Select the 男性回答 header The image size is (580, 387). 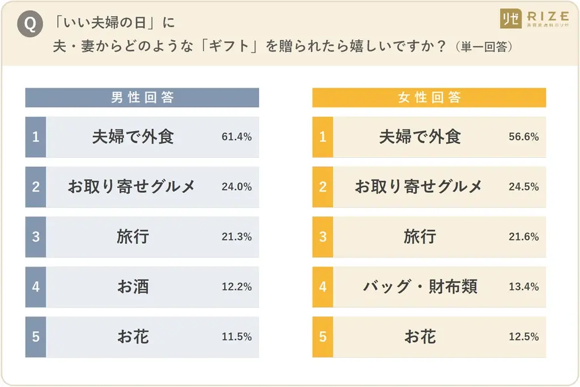[x=142, y=97]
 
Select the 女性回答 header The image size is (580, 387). [x=429, y=97]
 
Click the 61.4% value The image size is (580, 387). [x=237, y=137]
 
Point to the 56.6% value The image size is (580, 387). [x=524, y=137]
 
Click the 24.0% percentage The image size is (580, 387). [x=237, y=187]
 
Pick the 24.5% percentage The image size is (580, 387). [x=524, y=187]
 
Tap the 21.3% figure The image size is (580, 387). [x=237, y=236]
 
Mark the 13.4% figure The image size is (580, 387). [x=524, y=286]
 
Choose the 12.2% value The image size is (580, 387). [x=237, y=286]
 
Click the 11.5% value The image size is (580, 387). [x=237, y=337]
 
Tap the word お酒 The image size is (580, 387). [x=133, y=286]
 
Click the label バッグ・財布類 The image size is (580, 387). [x=420, y=286]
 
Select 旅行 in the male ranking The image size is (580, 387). [x=133, y=236]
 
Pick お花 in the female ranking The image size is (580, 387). [x=420, y=337]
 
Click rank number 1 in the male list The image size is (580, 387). [x=36, y=137]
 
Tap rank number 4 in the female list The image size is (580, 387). [x=323, y=286]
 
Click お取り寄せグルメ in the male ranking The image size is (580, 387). [x=131, y=187]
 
